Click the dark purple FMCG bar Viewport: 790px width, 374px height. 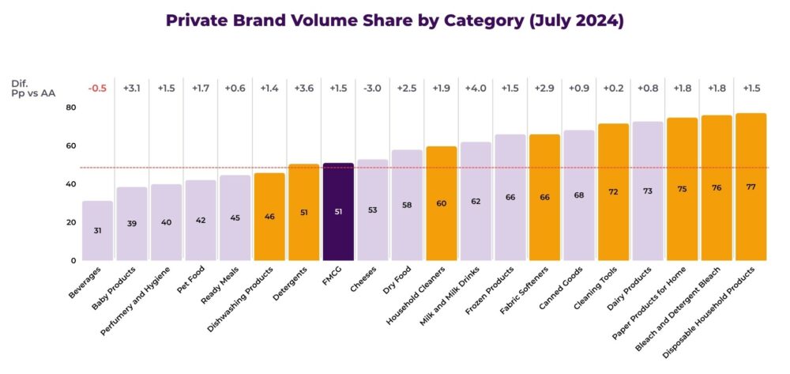click(338, 212)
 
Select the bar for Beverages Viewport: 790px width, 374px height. click(98, 231)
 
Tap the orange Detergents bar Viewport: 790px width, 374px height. click(304, 212)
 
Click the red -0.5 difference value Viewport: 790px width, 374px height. click(98, 89)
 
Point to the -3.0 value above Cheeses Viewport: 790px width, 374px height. click(373, 89)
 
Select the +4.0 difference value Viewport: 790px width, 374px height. click(476, 89)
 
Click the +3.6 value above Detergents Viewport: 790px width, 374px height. click(304, 89)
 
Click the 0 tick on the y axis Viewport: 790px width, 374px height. click(73, 260)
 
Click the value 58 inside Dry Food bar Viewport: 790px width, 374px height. click(407, 205)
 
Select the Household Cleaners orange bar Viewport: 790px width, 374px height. click(442, 203)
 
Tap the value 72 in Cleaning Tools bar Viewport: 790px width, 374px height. click(613, 192)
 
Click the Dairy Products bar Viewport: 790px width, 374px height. click(648, 191)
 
